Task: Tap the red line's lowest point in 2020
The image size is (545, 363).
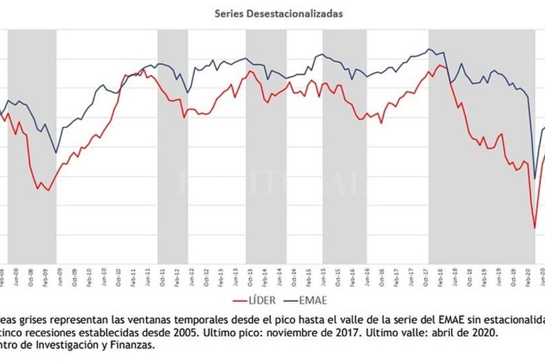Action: [x=534, y=228]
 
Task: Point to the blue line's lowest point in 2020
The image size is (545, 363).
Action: [x=534, y=179]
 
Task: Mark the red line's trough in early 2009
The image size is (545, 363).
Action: [x=48, y=190]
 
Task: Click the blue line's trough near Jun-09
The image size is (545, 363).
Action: [x=56, y=153]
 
